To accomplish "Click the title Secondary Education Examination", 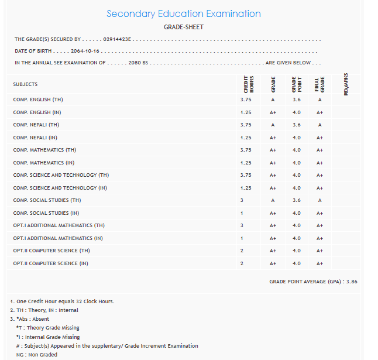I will coord(184,14).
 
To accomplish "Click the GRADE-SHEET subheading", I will coord(184,27).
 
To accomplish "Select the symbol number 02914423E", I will coord(118,40).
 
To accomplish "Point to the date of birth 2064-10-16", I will coord(85,52).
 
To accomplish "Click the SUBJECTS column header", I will coord(25,84).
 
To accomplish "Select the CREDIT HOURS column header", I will coord(248,84).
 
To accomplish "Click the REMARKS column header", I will coord(346,84).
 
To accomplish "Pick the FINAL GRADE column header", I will coord(319,84).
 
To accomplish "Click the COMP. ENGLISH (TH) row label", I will coord(38,100).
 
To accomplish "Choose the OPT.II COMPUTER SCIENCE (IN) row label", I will coord(50,263).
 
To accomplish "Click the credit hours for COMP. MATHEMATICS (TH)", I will coord(246,150).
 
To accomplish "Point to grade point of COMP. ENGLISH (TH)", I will coord(297,100).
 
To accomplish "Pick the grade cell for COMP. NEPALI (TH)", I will coord(273,125).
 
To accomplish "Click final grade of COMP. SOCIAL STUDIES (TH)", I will coord(319,200).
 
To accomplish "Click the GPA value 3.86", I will coord(352,282).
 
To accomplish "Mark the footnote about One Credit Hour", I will coord(62,301).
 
